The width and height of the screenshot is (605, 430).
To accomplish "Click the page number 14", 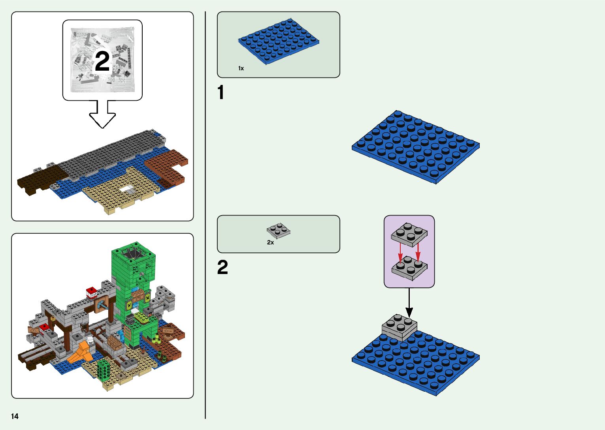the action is click(15, 416).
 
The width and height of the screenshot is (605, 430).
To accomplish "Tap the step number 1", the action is click(221, 93).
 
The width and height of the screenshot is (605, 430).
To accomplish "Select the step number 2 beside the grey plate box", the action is click(222, 268).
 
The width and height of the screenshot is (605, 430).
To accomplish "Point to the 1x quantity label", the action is click(241, 68).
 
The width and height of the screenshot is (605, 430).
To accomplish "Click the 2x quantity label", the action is click(270, 242).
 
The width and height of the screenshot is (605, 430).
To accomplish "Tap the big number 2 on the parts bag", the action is click(102, 62).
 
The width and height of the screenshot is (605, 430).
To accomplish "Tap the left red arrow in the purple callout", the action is click(400, 253).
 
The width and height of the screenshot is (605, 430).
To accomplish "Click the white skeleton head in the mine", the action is click(90, 340).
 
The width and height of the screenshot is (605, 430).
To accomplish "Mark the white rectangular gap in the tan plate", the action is click(127, 189).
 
